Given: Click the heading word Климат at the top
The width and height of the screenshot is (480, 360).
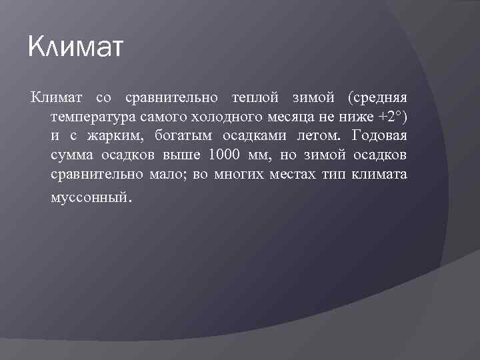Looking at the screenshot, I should (x=76, y=49).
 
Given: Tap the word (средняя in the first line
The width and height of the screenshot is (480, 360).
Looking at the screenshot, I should (x=377, y=98).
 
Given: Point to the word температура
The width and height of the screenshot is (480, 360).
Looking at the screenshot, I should (x=93, y=117).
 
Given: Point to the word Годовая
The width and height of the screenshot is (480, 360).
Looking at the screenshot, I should (x=378, y=137).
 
